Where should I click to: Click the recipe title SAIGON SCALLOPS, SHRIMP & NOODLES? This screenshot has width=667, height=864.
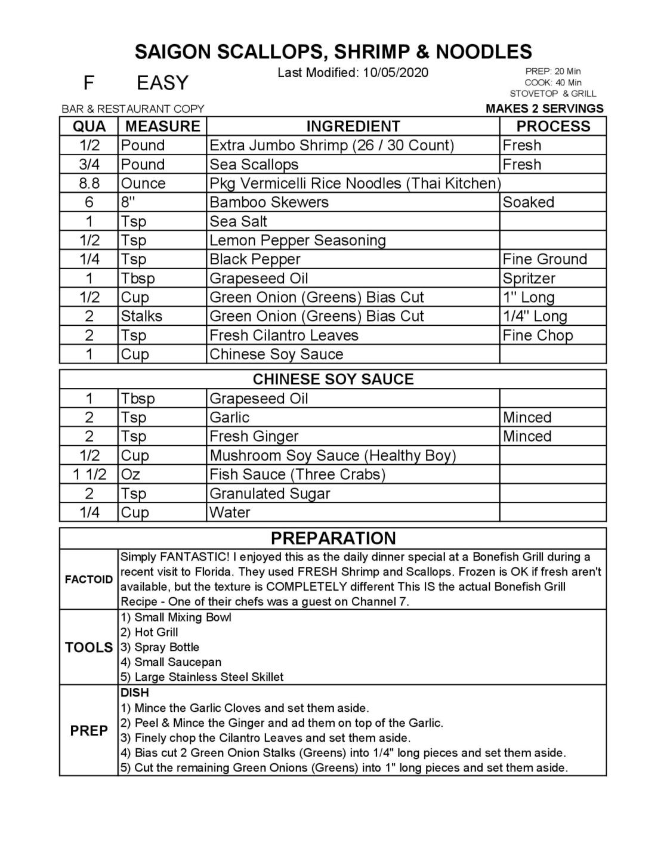(333, 52)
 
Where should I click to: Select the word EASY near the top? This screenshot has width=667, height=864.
(162, 83)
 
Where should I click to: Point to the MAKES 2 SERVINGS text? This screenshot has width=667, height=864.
(544, 109)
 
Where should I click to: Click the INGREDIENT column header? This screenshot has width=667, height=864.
(353, 126)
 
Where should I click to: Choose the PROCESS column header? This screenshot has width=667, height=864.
(552, 126)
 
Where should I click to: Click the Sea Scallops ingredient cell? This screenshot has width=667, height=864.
(254, 165)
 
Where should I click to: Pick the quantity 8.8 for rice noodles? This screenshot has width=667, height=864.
(89, 184)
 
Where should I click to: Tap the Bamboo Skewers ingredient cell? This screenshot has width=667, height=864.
(268, 202)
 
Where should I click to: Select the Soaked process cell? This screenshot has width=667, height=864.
(528, 202)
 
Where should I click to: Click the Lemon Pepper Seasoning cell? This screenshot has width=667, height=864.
(297, 240)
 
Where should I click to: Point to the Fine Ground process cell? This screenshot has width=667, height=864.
(545, 260)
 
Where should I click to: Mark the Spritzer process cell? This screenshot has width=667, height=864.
(529, 279)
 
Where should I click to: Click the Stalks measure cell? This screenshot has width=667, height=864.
(141, 316)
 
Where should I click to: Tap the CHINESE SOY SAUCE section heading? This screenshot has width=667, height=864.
(333, 379)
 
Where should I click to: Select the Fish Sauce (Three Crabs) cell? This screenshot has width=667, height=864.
(297, 474)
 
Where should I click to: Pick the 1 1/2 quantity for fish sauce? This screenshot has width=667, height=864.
(89, 474)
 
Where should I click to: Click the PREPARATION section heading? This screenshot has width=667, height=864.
(333, 538)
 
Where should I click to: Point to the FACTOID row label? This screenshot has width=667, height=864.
(89, 579)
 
